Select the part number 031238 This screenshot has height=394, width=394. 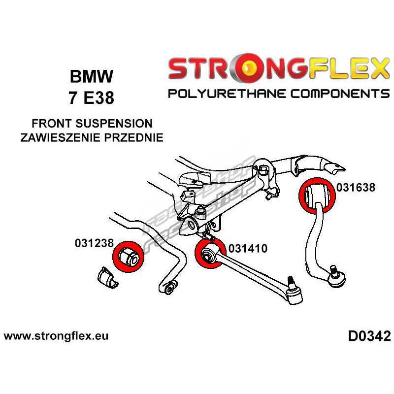(95, 243)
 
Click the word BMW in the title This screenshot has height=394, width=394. (91, 77)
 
